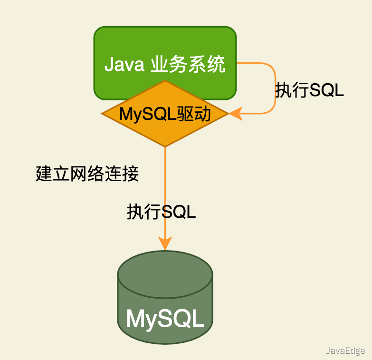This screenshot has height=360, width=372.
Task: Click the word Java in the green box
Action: coord(124,64)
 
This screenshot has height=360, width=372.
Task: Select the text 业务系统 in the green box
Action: coord(187,64)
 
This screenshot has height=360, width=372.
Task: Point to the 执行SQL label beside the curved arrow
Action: coord(309,90)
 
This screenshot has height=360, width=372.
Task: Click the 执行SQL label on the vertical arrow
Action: coord(162,212)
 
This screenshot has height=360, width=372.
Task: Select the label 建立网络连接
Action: coord(87,174)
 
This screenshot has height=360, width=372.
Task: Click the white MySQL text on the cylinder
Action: coord(165,319)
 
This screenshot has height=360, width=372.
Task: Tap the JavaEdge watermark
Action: coord(345,351)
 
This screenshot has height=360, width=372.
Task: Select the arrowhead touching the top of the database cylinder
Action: coord(165,244)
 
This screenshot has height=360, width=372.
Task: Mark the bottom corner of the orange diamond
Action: coord(165,145)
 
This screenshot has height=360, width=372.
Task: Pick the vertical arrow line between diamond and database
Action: coord(165,190)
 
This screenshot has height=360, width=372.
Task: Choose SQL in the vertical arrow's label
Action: coord(179,212)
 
